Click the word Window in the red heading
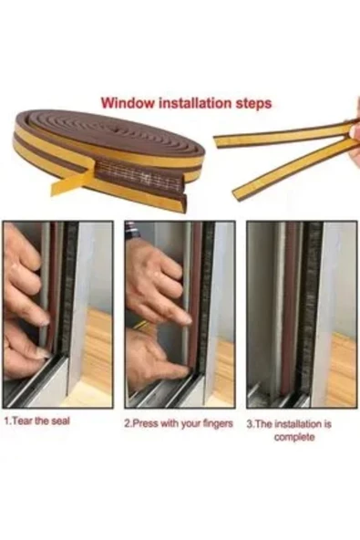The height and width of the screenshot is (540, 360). pos(124,103)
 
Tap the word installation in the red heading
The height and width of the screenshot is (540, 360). pos(192,103)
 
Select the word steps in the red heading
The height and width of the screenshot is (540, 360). pos(252,103)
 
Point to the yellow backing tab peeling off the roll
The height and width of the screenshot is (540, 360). pos(73,183)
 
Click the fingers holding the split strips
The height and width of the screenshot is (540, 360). pos(355,141)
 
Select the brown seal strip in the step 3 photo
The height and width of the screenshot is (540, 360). pos(290,310)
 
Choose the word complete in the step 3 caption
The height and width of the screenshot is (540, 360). pos(293,437)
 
